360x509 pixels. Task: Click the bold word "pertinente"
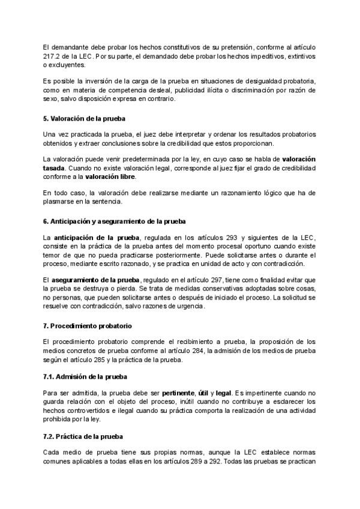(x=175, y=393)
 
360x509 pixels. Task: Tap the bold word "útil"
(x=205, y=393)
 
